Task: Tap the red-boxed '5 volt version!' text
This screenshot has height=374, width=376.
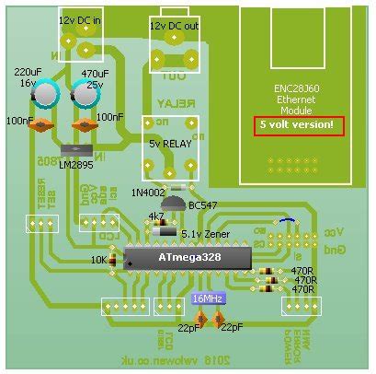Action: (x=299, y=125)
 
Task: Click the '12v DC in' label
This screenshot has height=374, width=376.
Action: (x=81, y=19)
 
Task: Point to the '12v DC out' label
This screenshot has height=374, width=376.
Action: (x=173, y=26)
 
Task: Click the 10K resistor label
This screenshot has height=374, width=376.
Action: (x=98, y=261)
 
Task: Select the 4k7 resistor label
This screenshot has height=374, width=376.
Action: (x=156, y=216)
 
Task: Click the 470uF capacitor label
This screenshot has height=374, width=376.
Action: (x=96, y=72)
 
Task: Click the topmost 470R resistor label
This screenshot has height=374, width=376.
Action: (x=302, y=271)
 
